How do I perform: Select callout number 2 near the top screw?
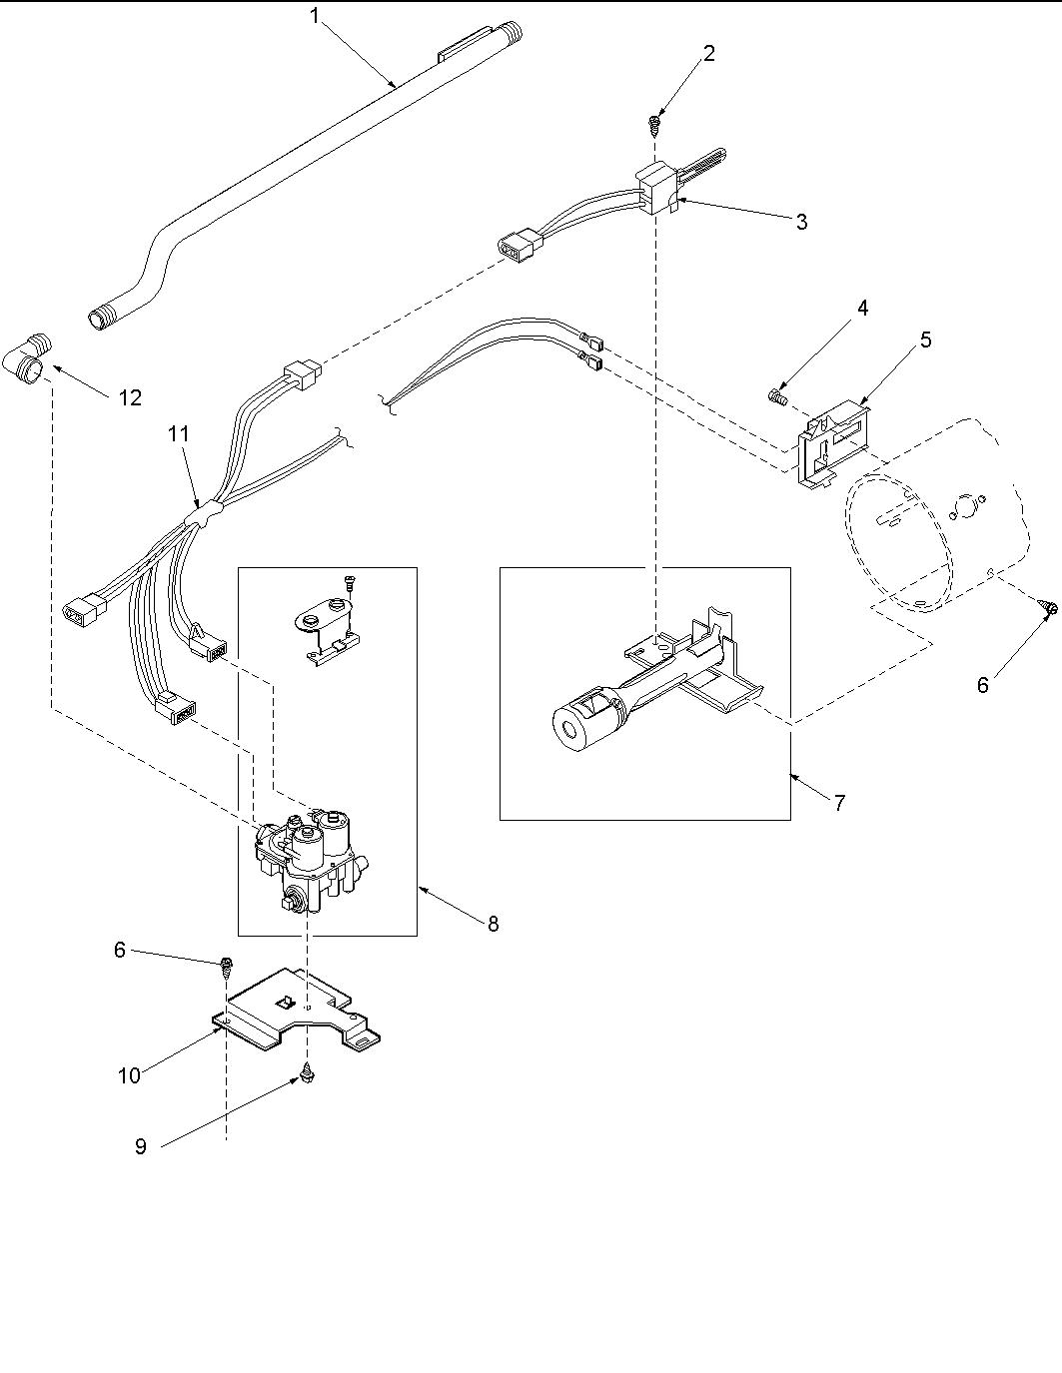708,54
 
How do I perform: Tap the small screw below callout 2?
655,123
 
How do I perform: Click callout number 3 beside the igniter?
801,222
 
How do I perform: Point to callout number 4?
861,308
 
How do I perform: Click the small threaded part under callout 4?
779,397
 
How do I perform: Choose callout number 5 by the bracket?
925,340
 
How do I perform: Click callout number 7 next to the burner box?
839,802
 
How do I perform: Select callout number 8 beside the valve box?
493,924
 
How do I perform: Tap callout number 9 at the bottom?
141,1147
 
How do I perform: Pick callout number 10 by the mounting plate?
130,1075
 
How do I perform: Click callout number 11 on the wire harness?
178,433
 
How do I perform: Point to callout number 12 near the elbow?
130,397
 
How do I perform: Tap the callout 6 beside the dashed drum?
982,685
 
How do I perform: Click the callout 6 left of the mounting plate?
119,950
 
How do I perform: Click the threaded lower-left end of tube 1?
100,321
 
